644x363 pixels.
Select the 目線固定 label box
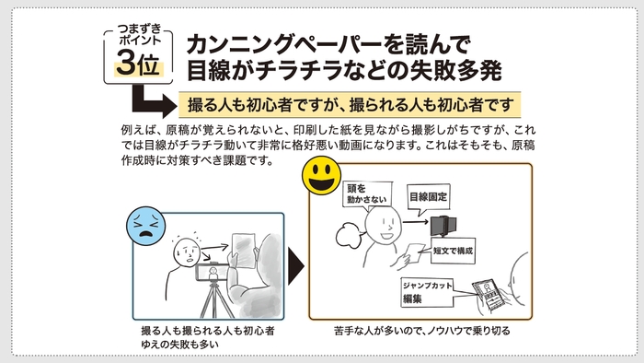coord(426,196)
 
